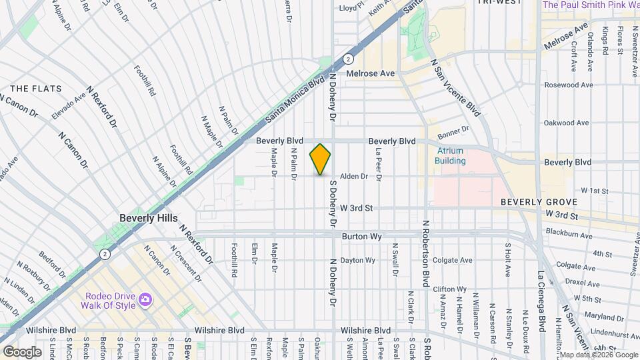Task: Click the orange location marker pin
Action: coord(320,159)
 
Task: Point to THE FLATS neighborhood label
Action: coord(36,89)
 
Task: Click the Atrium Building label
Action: coord(450,156)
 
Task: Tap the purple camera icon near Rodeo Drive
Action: coord(145,301)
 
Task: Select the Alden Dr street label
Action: coord(354,177)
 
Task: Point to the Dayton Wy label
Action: coord(358,260)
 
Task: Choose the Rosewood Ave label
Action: coord(569,85)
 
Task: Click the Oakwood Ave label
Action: coord(567,123)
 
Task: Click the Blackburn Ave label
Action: coord(569,235)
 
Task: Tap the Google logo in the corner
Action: coord(23,351)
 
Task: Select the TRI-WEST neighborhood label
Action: coord(499,3)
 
